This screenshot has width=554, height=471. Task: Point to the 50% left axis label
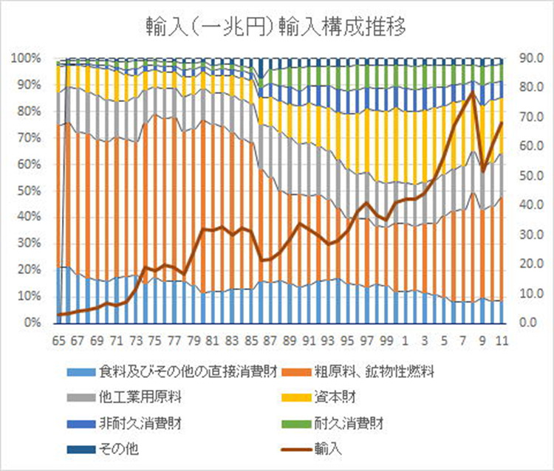(28, 190)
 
